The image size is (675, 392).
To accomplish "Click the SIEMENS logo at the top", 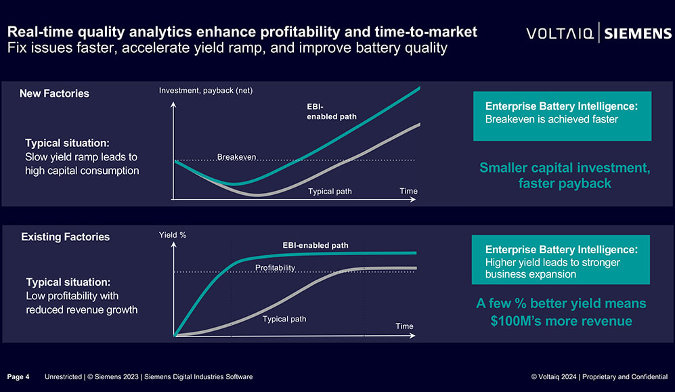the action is pyautogui.click(x=638, y=34).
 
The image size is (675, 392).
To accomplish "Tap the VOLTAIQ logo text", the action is pyautogui.click(x=560, y=34).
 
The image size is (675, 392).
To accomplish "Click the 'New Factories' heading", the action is pyautogui.click(x=54, y=93).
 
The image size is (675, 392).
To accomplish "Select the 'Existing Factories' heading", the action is pyautogui.click(x=66, y=237).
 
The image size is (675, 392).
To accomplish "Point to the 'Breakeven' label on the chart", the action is pyautogui.click(x=236, y=157).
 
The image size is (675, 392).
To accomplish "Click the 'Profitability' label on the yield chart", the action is pyautogui.click(x=275, y=267).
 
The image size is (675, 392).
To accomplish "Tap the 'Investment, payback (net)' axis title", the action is pyautogui.click(x=206, y=90).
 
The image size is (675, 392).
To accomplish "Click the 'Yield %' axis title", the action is pyautogui.click(x=173, y=235).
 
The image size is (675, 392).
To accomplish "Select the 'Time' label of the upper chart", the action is pyautogui.click(x=408, y=191).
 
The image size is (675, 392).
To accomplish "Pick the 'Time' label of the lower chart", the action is pyautogui.click(x=405, y=326).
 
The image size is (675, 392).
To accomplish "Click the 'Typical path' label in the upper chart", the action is pyautogui.click(x=330, y=192).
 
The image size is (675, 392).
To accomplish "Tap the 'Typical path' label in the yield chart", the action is pyautogui.click(x=284, y=319).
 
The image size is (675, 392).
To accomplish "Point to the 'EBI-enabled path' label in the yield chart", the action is pyautogui.click(x=315, y=245).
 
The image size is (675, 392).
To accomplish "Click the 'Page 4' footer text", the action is pyautogui.click(x=18, y=377).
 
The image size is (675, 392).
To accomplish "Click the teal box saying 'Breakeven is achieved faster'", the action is pyautogui.click(x=562, y=116).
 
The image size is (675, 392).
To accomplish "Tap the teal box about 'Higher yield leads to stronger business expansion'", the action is pyautogui.click(x=561, y=259).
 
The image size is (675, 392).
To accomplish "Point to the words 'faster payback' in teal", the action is pyautogui.click(x=565, y=183).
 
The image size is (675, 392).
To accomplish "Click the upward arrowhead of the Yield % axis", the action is pyautogui.click(x=173, y=244).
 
